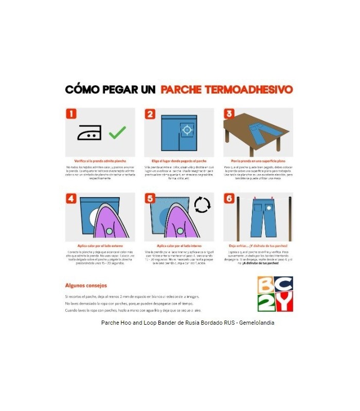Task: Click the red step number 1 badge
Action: (71, 114)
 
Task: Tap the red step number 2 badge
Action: (151, 114)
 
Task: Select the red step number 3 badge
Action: (229, 114)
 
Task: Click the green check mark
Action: (117, 132)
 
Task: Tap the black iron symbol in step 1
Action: (89, 132)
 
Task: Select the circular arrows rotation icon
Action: (202, 205)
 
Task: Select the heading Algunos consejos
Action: (86, 285)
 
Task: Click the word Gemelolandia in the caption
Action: (256, 323)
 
